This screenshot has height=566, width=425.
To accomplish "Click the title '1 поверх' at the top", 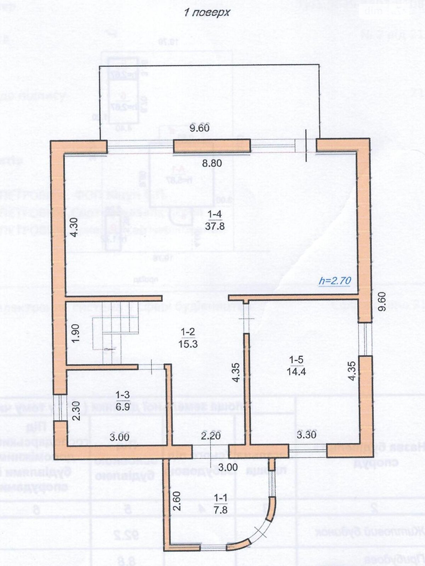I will click(207, 13).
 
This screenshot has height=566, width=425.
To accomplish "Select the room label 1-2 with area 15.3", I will click(188, 338).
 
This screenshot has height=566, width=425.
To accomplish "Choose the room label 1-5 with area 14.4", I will click(296, 366).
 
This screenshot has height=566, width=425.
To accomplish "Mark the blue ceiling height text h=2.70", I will click(335, 281).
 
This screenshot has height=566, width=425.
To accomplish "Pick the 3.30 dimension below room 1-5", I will click(306, 434).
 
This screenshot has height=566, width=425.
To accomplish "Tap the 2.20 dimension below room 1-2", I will click(211, 435).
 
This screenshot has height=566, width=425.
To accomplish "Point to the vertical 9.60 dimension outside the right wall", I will click(382, 301).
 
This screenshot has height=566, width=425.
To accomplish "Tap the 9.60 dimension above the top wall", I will click(199, 128).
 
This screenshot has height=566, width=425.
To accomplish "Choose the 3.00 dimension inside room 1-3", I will click(119, 437).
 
